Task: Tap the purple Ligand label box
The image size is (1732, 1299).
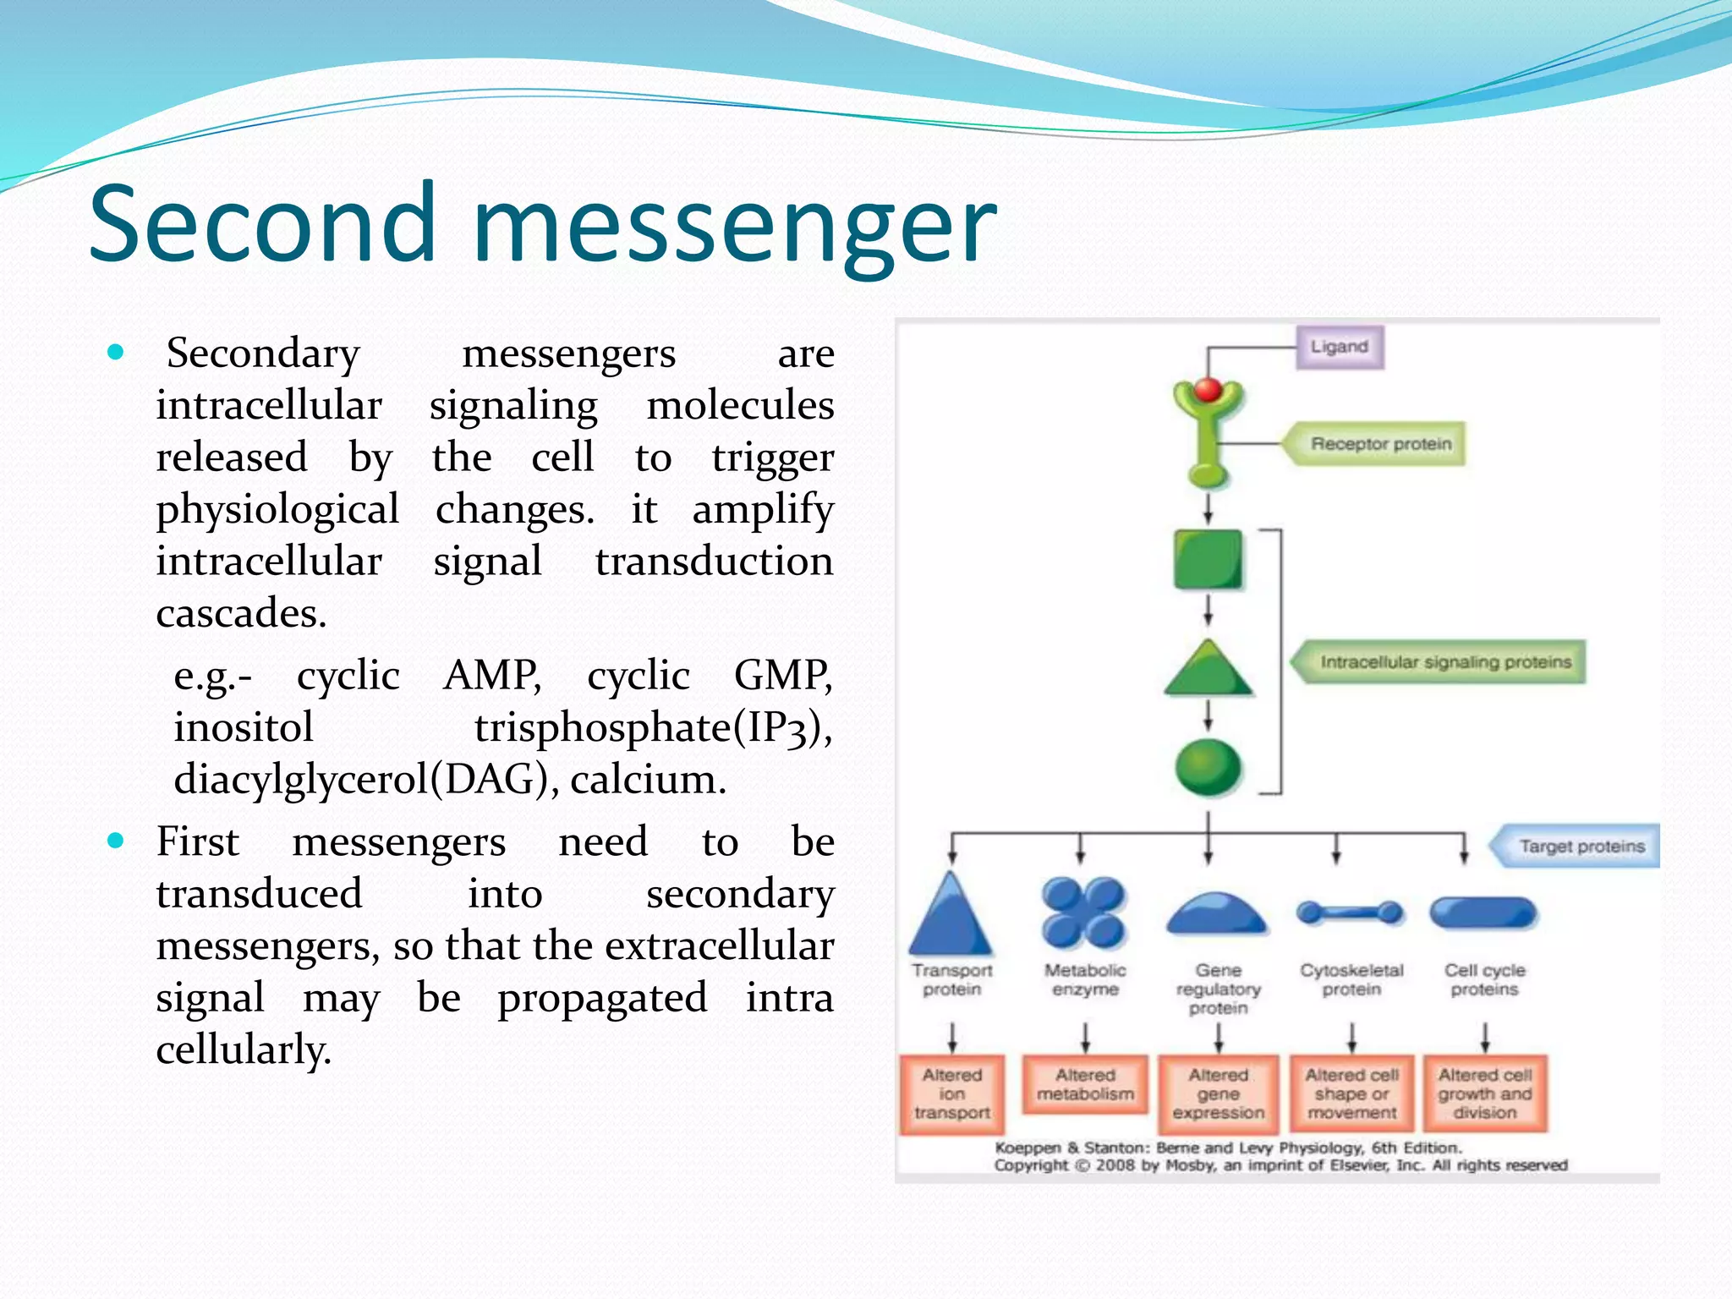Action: click(x=1340, y=347)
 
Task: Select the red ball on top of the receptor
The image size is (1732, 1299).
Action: click(x=1208, y=390)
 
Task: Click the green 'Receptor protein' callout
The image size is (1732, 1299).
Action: click(x=1378, y=444)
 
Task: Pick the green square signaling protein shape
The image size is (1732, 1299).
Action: click(x=1208, y=559)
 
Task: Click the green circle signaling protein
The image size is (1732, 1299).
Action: click(x=1208, y=767)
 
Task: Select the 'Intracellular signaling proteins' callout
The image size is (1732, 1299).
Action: click(x=1443, y=662)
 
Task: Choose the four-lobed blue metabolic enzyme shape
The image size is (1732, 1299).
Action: click(x=1083, y=913)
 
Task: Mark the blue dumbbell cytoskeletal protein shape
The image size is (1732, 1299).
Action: click(x=1351, y=913)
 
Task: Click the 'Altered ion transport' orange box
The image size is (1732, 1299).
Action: click(x=952, y=1093)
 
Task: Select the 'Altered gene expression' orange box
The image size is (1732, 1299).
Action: click(x=1218, y=1093)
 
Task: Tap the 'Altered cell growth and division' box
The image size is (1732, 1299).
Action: click(x=1485, y=1093)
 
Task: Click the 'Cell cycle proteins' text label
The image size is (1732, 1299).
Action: click(x=1484, y=979)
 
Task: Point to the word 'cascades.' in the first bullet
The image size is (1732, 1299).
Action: click(x=241, y=613)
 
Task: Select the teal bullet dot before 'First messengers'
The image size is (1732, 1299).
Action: click(x=116, y=841)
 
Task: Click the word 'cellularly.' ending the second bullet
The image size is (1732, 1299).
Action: click(x=244, y=1050)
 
